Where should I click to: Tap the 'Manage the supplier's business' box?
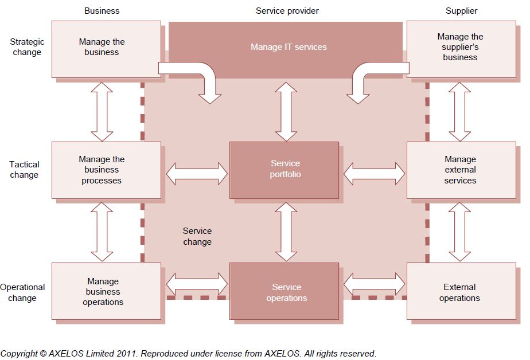(x=461, y=48)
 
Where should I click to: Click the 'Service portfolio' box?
(x=285, y=170)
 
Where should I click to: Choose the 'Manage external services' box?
(x=461, y=170)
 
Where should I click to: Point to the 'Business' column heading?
(x=102, y=11)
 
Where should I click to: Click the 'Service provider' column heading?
(x=287, y=11)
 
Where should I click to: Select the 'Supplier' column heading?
(x=461, y=11)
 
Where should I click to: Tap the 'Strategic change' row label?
(x=27, y=47)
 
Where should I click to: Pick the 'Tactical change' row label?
(x=24, y=170)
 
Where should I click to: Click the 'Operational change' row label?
(x=22, y=292)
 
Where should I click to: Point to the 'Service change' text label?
(x=197, y=236)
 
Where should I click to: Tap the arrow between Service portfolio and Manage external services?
(x=374, y=173)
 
